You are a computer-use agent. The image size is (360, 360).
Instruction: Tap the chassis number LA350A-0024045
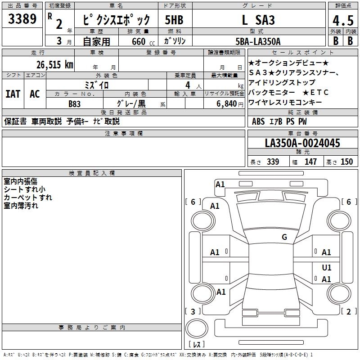click(302, 143)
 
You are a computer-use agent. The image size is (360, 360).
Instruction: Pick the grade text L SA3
click(258, 20)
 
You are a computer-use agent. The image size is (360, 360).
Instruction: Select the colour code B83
click(75, 103)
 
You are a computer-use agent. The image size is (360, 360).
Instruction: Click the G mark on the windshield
click(284, 237)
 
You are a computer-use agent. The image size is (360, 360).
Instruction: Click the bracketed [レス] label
click(197, 345)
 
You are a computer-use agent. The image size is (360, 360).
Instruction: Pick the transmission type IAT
click(12, 94)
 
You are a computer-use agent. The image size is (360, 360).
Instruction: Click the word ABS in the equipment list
click(258, 121)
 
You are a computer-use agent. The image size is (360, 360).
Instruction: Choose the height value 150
click(346, 162)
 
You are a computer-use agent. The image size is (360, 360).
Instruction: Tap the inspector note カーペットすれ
click(28, 198)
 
